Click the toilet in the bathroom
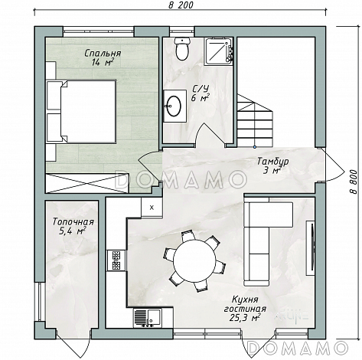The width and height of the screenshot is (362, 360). [x=182, y=49]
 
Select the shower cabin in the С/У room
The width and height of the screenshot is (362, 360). [x=218, y=51]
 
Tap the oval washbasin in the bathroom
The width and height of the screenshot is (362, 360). [x=174, y=105]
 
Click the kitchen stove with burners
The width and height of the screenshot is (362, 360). [x=116, y=260]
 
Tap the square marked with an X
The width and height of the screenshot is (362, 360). [x=152, y=208]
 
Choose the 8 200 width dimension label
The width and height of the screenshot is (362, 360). [x=181, y=5]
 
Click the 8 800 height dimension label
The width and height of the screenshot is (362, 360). [x=353, y=182]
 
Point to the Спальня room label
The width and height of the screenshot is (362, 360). [x=103, y=54]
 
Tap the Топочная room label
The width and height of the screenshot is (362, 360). [x=73, y=222]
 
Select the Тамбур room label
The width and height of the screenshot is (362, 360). [x=273, y=162]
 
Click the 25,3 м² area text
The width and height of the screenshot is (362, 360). [x=244, y=318]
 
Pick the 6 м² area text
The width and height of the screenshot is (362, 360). [x=201, y=98]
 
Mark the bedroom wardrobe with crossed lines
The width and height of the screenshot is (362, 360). [x=86, y=183]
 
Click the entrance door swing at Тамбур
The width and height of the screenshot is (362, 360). [x=333, y=165]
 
